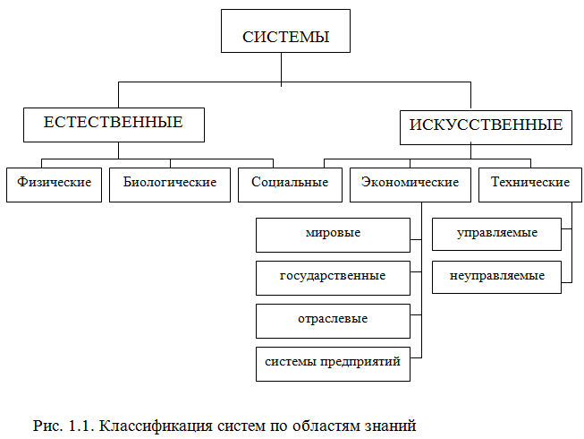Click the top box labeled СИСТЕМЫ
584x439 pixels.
tap(285, 37)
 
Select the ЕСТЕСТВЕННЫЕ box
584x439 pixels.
tap(114, 124)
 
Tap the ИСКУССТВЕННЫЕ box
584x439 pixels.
tap(487, 125)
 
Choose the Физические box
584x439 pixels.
tap(54, 183)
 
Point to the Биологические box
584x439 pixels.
tap(169, 183)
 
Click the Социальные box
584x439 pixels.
tap(284, 183)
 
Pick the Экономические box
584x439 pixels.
tap(410, 183)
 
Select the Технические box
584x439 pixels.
tap(529, 183)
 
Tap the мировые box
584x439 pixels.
tap(333, 233)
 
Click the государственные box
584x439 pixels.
tap(333, 276)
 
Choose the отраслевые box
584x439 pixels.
tap(333, 319)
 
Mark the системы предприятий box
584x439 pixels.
tap(333, 363)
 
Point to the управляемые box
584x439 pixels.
tap(497, 233)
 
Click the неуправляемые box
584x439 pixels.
tap(497, 276)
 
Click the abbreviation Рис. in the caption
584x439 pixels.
tap(46, 421)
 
